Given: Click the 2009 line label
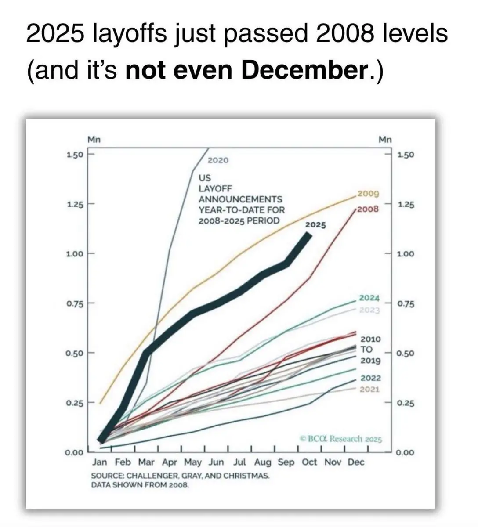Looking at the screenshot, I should (368, 194).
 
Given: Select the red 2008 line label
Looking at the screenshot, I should (368, 209).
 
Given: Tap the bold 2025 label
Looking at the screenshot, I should (315, 225).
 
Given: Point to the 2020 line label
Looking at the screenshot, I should (218, 160).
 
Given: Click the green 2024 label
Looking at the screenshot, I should (369, 298).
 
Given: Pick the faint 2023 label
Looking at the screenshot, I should (369, 310).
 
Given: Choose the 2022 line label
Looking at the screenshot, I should (370, 378).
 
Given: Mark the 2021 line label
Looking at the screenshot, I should (369, 390).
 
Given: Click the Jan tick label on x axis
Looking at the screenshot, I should (100, 462).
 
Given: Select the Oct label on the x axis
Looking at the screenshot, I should (309, 462).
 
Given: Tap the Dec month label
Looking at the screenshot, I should (356, 462).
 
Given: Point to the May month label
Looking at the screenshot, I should (193, 462).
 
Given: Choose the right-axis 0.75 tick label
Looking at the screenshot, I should (405, 304).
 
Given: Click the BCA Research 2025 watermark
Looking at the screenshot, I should (341, 439).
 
